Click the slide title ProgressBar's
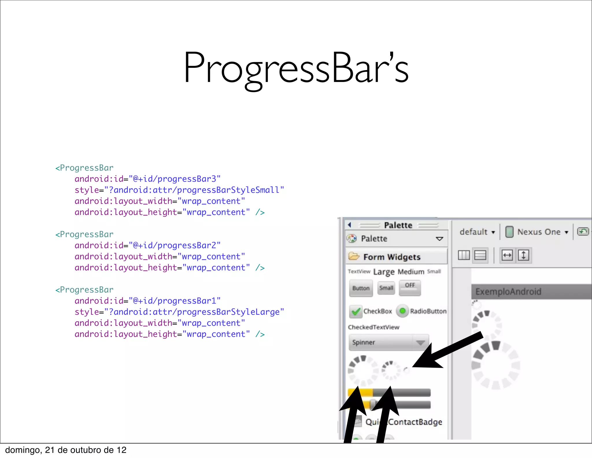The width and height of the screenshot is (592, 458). (x=296, y=68)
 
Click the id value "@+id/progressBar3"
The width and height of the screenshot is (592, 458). (x=175, y=179)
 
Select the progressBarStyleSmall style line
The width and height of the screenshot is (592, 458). (x=179, y=190)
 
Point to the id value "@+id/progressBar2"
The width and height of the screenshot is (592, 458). (x=175, y=245)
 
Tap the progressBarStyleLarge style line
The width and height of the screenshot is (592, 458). (x=179, y=312)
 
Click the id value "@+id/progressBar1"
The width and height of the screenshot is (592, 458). (x=175, y=301)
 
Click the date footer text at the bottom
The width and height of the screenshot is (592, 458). (x=66, y=450)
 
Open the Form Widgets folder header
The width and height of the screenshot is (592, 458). (x=392, y=257)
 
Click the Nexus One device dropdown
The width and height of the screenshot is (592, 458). (x=538, y=232)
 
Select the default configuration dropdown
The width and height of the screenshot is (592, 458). (x=477, y=232)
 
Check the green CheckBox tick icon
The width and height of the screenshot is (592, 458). (x=356, y=311)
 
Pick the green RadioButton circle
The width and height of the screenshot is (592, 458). (x=402, y=311)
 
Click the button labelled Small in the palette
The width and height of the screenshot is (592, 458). (x=386, y=288)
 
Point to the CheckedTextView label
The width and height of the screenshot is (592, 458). (x=373, y=327)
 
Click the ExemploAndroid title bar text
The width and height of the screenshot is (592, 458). (x=508, y=291)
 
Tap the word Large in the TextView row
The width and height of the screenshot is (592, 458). (x=384, y=272)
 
